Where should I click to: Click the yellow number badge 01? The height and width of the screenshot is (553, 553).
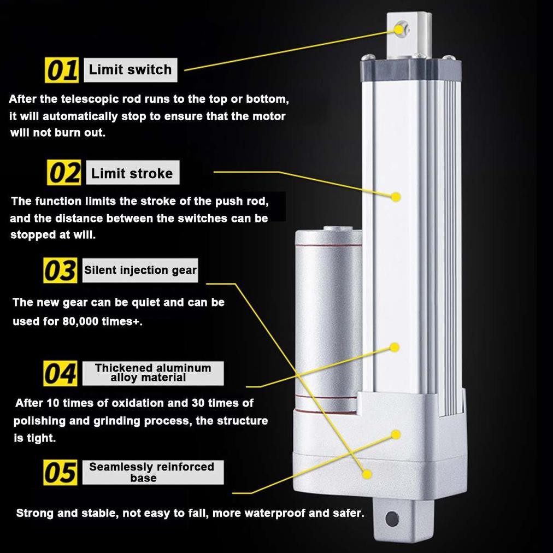click(x=62, y=70)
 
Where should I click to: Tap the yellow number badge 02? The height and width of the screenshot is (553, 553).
click(x=64, y=173)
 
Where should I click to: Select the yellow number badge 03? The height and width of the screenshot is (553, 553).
click(x=60, y=270)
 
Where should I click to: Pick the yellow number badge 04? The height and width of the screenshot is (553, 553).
click(x=60, y=373)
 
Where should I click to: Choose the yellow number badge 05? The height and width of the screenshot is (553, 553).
click(x=60, y=472)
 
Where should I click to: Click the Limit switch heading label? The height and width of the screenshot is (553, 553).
click(x=131, y=70)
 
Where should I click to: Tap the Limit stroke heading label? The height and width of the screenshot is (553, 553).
click(x=133, y=173)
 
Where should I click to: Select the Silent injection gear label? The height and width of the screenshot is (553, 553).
click(x=140, y=270)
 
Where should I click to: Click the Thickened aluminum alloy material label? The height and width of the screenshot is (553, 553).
click(x=152, y=373)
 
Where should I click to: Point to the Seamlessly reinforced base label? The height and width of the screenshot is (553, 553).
click(x=152, y=472)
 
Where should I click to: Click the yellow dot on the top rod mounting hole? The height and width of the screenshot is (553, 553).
click(x=399, y=30)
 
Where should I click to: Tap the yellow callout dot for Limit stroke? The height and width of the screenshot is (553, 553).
click(x=396, y=197)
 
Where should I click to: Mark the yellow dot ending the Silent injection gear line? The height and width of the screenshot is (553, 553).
click(x=367, y=474)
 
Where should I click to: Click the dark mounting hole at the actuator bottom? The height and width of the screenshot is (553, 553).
click(x=392, y=519)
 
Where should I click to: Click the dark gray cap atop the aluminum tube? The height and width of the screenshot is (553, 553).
click(x=410, y=70)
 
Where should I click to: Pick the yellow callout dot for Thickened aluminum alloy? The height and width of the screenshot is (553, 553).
click(x=395, y=348)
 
